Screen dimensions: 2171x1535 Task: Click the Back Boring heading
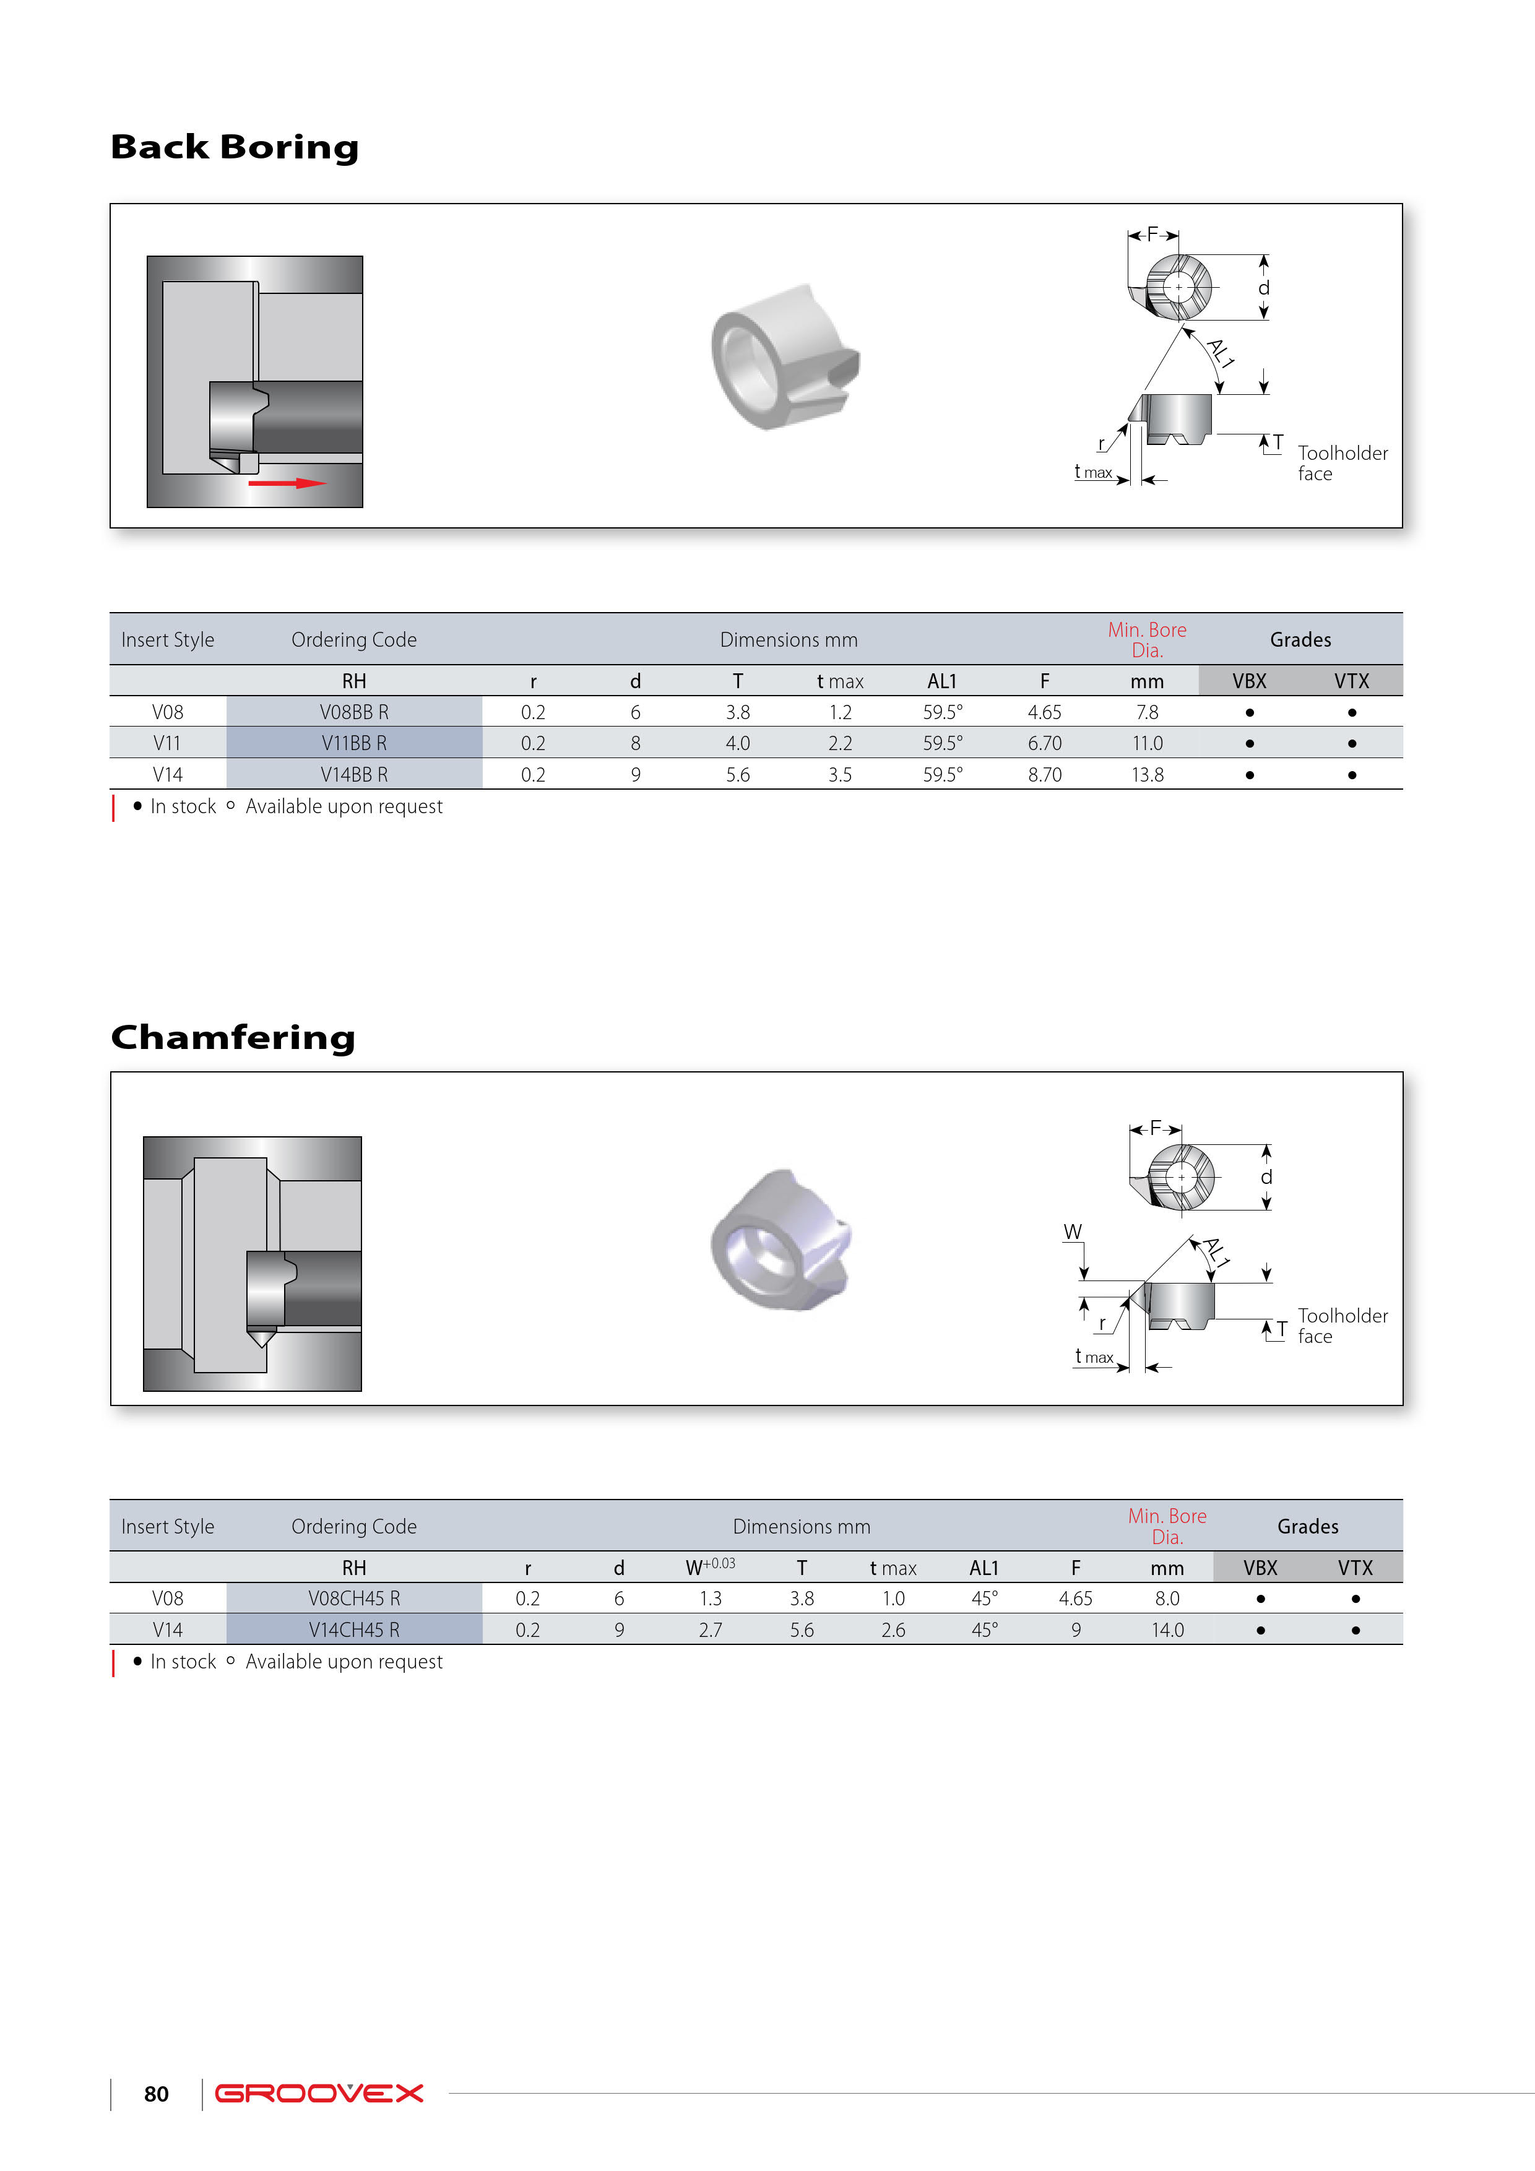click(235, 147)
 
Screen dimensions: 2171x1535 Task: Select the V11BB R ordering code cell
click(353, 743)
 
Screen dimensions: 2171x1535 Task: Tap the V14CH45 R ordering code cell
click(353, 1630)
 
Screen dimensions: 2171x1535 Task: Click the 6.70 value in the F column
click(1044, 743)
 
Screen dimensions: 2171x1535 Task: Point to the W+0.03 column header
click(709, 1567)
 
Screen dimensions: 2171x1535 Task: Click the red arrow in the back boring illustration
click(287, 483)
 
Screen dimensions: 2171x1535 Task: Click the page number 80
click(156, 2094)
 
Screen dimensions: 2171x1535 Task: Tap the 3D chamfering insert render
click(781, 1241)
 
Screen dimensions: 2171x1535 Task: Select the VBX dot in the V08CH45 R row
click(1260, 1599)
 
